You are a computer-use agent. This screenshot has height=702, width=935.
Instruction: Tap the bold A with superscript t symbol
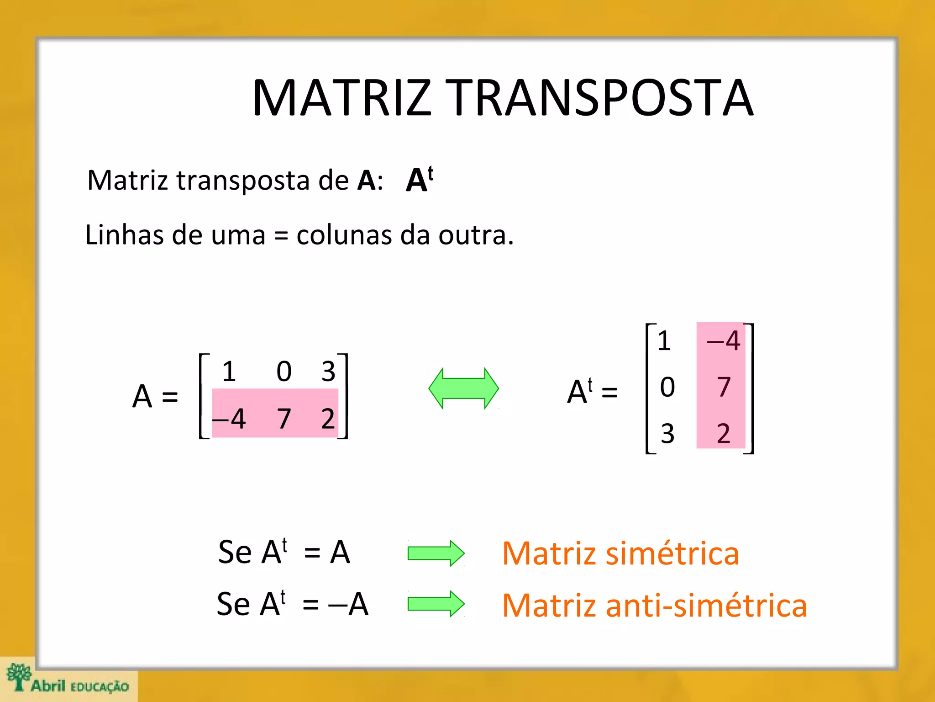point(419,179)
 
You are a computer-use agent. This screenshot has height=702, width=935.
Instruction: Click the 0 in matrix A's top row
point(284,371)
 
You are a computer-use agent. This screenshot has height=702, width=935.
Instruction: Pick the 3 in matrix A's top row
point(328,371)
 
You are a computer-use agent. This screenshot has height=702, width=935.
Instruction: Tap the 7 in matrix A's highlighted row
point(284,418)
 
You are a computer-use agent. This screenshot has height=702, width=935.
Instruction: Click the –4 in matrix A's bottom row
point(230,418)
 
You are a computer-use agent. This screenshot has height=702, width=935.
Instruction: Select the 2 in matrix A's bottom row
point(328,418)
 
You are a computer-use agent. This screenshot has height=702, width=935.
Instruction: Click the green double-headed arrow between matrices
point(463,388)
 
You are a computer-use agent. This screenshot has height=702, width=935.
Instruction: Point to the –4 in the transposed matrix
point(724,340)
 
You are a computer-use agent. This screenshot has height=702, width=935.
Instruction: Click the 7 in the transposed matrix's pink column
point(724,387)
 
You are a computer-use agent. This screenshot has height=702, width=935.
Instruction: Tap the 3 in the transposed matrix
point(667,433)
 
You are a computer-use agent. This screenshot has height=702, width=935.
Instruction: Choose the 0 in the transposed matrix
point(667,387)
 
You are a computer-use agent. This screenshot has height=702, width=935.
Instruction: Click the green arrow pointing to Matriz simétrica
point(436,553)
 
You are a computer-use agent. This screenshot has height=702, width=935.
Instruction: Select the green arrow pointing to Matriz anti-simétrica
point(436,604)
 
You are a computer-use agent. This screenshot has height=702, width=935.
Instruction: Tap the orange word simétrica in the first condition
point(673,553)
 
